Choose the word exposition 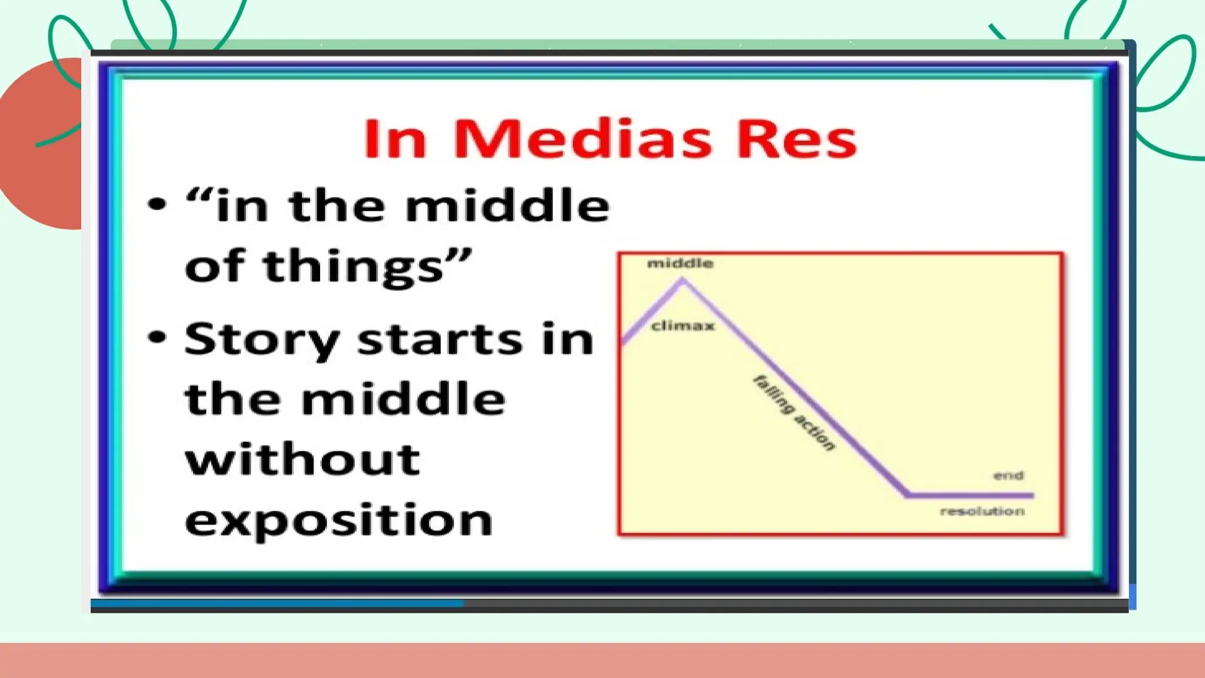coord(338,520)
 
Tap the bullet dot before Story coord(157,337)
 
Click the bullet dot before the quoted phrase coord(157,204)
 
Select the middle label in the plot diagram coord(680,263)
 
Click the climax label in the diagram coord(683,325)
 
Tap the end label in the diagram coord(1008,475)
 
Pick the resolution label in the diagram coord(982,511)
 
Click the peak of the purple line coord(683,281)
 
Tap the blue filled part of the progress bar coord(277,603)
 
